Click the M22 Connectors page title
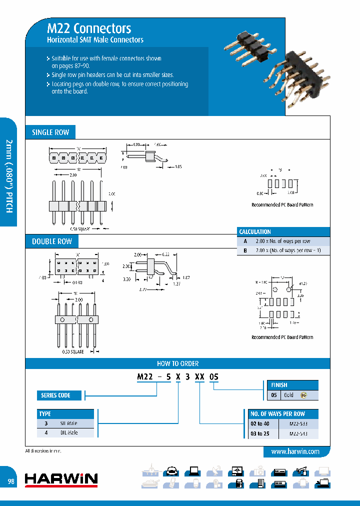pos(89,28)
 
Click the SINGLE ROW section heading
pos(50,132)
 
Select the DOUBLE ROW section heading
pos(52,241)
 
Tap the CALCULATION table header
pos(255,232)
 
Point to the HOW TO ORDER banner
pos(177,363)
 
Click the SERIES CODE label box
pos(55,395)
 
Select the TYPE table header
pos(45,414)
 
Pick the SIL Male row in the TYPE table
pos(65,423)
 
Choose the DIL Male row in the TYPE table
pos(65,432)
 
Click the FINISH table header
pos(279,385)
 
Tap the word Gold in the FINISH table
pos(288,395)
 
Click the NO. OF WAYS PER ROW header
pos(277,414)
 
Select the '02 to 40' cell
pos(260,424)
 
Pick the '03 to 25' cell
pos(260,433)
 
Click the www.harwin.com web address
pos(295,451)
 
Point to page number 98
pos(11,481)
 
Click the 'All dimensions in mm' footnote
pos(45,451)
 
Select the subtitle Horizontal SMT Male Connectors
pos(95,39)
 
